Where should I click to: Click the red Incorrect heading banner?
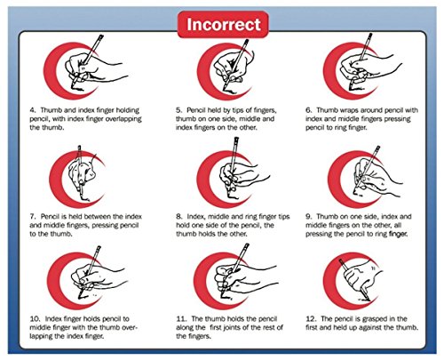tap(223, 24)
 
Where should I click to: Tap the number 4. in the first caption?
tap(33, 110)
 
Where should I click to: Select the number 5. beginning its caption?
tap(179, 110)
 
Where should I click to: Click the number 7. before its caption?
tap(33, 217)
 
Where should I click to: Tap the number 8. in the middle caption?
tap(179, 217)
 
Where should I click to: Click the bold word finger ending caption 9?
tap(398, 234)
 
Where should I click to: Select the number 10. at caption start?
tap(35, 319)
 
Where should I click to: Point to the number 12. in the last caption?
tap(311, 319)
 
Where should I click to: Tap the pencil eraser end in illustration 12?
tap(341, 261)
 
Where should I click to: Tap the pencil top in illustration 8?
tap(236, 140)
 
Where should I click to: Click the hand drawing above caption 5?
tap(233, 67)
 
